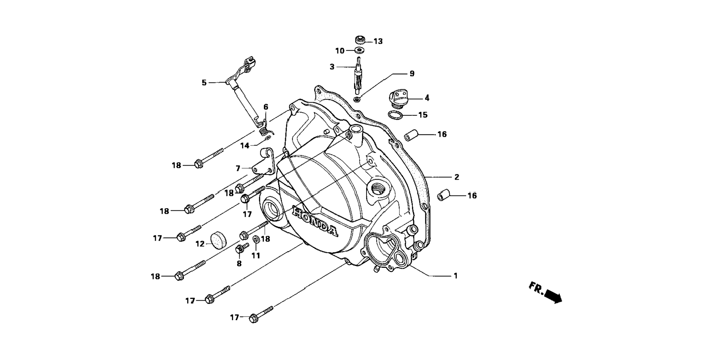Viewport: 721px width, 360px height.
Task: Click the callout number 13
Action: [378, 41]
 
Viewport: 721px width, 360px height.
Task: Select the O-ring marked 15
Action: [396, 115]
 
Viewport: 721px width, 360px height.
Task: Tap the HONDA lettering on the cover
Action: [315, 221]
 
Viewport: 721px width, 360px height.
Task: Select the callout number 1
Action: [455, 276]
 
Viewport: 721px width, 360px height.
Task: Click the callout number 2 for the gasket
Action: [456, 177]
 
